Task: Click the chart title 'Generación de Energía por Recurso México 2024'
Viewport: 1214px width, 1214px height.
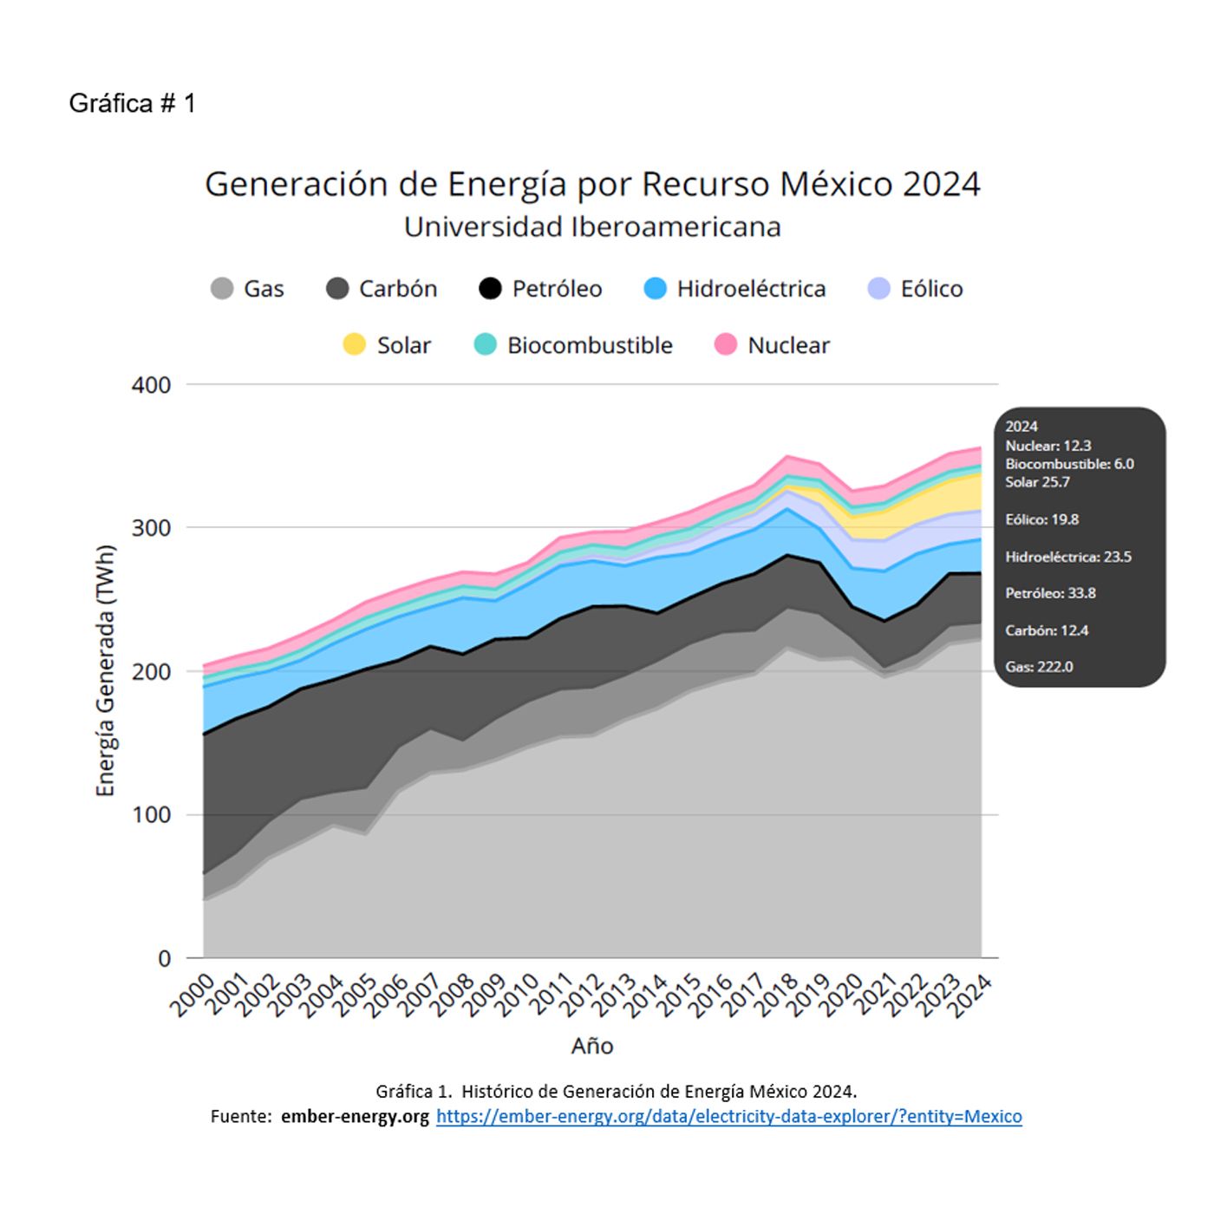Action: pos(592,184)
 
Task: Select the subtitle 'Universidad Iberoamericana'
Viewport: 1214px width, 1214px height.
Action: pos(592,227)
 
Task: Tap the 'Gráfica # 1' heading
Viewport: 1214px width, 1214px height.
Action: pos(132,103)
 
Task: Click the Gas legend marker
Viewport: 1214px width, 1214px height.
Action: pos(222,289)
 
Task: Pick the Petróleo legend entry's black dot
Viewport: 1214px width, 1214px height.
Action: pos(490,289)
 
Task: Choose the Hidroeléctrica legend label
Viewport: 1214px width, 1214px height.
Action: pos(751,289)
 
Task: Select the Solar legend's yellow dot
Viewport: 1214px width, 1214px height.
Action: pos(355,345)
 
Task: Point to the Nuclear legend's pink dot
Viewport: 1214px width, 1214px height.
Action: pos(726,345)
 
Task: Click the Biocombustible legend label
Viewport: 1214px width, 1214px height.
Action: pos(590,345)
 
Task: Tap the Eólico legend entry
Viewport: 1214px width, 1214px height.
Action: pos(931,289)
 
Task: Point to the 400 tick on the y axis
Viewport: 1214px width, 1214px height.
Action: pos(151,385)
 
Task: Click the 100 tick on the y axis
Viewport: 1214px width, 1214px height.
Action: pos(151,815)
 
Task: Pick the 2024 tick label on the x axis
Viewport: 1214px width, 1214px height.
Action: pos(970,995)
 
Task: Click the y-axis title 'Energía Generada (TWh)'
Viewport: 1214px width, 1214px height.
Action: pos(106,670)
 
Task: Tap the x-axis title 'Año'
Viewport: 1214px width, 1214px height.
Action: pos(592,1046)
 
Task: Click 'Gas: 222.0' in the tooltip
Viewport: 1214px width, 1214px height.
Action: pos(1039,667)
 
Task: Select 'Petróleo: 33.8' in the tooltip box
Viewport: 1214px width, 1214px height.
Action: pos(1050,593)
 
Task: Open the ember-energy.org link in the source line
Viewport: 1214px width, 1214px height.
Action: pos(728,1116)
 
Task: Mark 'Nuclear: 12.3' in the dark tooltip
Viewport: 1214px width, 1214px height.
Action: pos(1048,446)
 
